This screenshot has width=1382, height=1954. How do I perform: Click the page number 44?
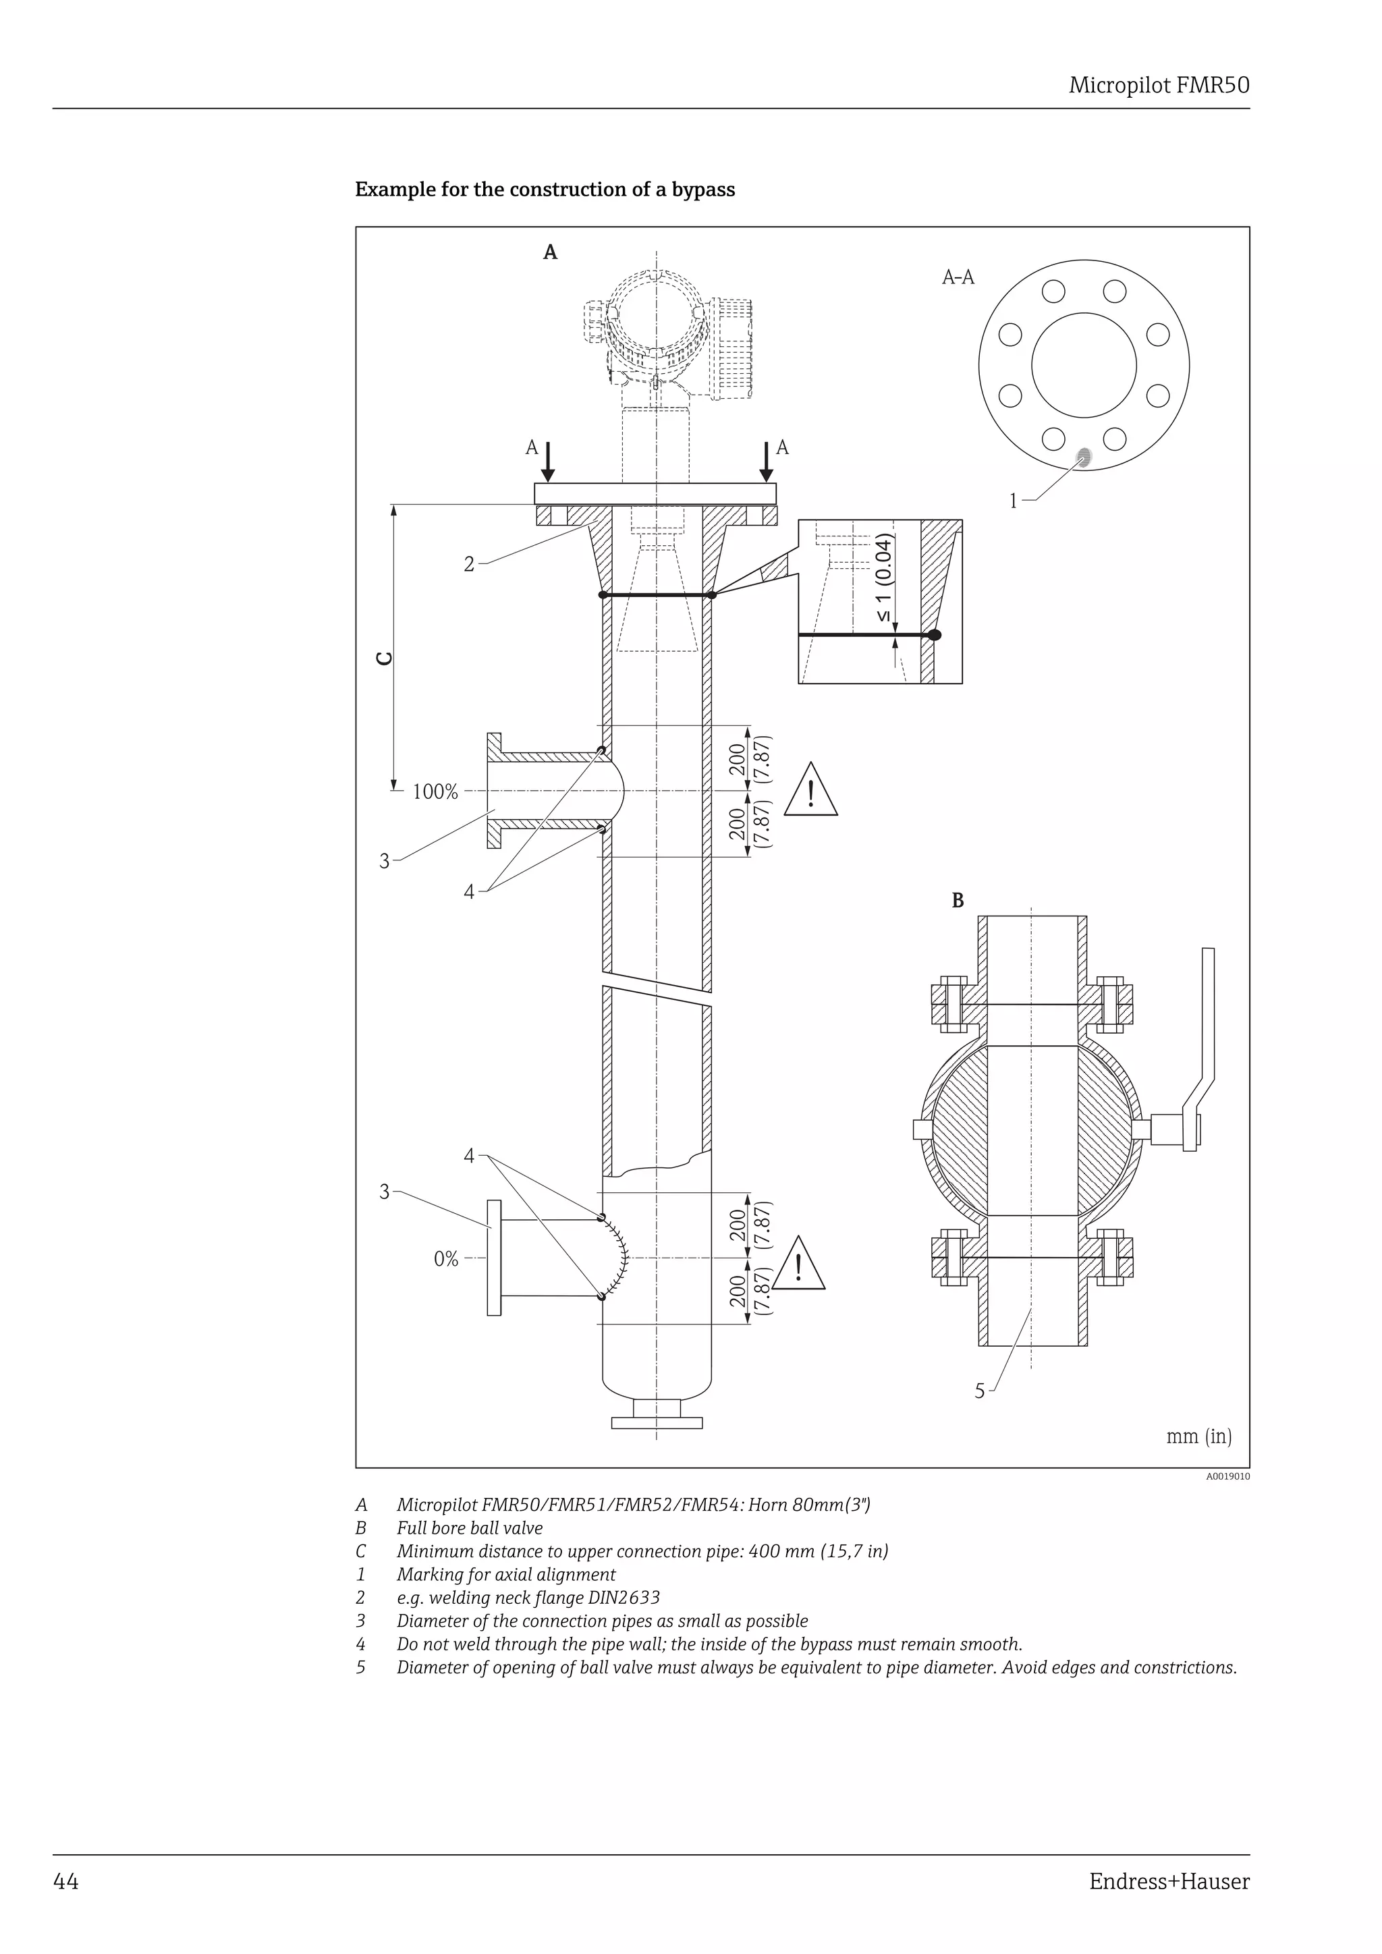[x=65, y=1881]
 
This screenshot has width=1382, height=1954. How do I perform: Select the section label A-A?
[x=958, y=277]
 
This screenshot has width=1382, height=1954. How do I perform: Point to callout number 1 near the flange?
[x=1013, y=501]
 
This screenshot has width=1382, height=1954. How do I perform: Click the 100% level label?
[x=435, y=792]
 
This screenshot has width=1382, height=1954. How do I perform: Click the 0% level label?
[x=446, y=1258]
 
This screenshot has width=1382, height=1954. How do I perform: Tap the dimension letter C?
[x=385, y=658]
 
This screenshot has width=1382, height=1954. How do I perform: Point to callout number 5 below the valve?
[x=980, y=1391]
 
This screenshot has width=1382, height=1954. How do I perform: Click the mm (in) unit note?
[x=1198, y=1436]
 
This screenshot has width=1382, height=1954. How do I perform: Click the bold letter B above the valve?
[x=958, y=900]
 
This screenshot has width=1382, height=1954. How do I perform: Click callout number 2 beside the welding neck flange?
[x=468, y=563]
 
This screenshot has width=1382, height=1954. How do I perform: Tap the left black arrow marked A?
[x=548, y=460]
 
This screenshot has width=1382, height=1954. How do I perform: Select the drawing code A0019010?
[x=1227, y=1476]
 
